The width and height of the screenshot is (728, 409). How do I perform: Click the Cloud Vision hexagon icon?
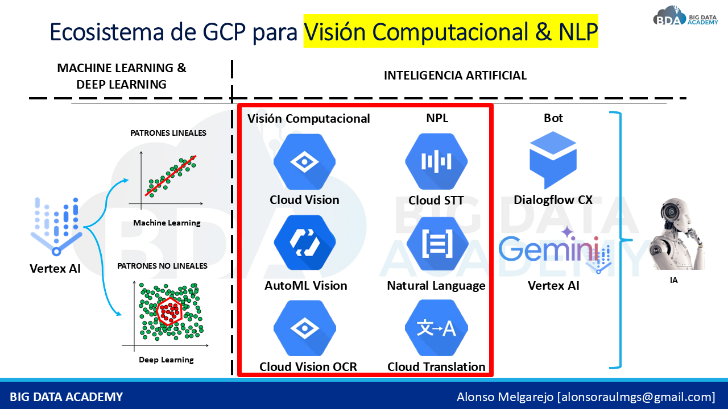pos(305,162)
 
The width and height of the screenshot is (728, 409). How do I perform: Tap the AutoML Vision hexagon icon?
pos(305,243)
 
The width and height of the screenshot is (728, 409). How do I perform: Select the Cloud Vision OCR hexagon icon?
pos(305,328)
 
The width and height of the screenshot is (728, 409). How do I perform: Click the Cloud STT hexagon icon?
pos(436,162)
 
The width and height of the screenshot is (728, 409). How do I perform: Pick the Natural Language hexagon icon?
pos(436,243)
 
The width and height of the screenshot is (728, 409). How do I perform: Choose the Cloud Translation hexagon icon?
pos(436,328)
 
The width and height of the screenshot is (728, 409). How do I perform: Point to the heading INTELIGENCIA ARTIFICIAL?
pos(455,76)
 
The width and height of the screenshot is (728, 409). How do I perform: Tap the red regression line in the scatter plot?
pos(170,176)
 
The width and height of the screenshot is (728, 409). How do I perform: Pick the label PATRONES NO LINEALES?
pos(162,265)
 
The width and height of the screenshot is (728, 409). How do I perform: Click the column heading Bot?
pos(553,118)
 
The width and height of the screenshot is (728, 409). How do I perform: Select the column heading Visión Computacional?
pos(308,118)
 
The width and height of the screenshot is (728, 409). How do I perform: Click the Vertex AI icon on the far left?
pos(55,226)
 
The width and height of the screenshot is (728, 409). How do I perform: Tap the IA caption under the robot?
pos(673,280)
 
